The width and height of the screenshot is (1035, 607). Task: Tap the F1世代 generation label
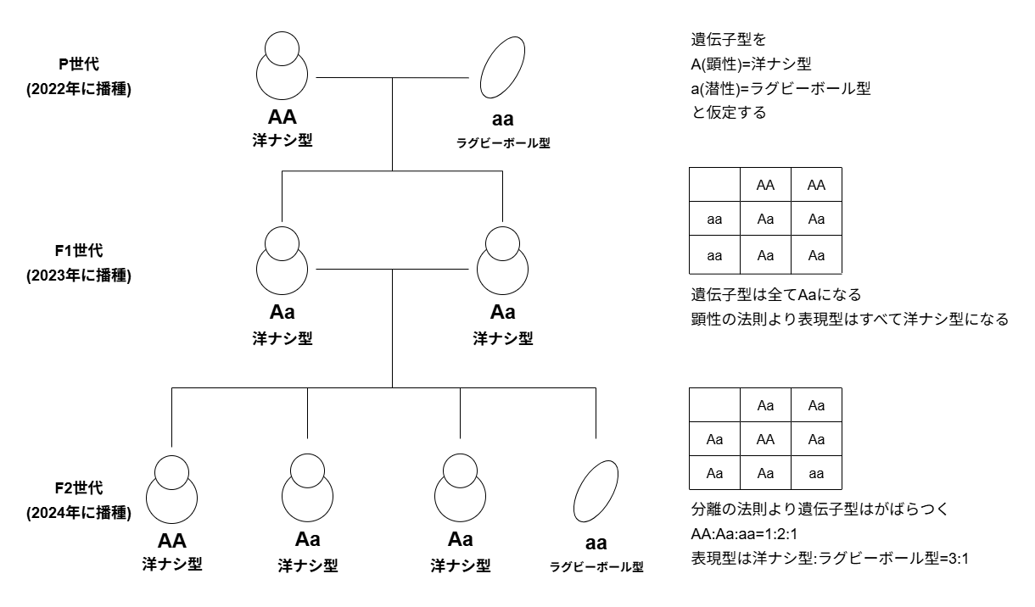[78, 252]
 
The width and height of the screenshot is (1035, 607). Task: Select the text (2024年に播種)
[78, 511]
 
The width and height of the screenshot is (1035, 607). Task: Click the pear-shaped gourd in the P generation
[282, 68]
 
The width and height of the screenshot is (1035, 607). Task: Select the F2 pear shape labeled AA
[172, 492]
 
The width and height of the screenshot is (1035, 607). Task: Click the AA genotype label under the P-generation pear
[282, 118]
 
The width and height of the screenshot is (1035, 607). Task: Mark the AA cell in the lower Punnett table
[765, 439]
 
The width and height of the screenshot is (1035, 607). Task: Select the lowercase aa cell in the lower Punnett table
[816, 472]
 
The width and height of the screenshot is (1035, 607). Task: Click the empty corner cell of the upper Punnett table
[714, 185]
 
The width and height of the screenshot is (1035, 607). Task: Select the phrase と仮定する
[729, 112]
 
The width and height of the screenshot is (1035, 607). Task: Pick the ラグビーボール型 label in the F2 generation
[596, 566]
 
